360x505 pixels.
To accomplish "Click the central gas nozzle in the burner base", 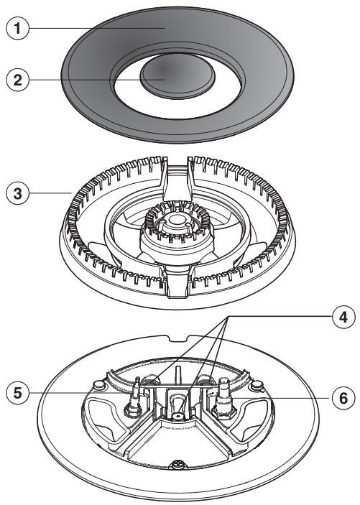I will point(176,414).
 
